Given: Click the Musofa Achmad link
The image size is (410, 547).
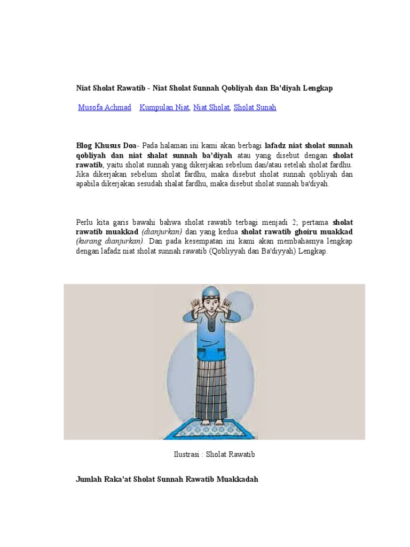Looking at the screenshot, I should [105, 107].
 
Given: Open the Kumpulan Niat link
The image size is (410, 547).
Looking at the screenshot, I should [164, 107].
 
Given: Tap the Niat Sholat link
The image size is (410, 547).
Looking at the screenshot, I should [211, 107].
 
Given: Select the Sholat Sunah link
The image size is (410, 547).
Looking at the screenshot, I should [255, 107].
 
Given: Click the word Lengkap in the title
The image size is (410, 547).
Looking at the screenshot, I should [318, 88].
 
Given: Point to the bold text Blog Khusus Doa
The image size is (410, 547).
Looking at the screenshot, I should [106, 146].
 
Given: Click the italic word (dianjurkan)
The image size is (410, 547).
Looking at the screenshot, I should [162, 232].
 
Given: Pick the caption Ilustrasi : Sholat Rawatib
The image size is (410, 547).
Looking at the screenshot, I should [214, 455].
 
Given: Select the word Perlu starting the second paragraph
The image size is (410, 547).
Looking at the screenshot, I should [84, 222].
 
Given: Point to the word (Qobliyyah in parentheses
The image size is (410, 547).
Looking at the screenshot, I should [231, 251].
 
